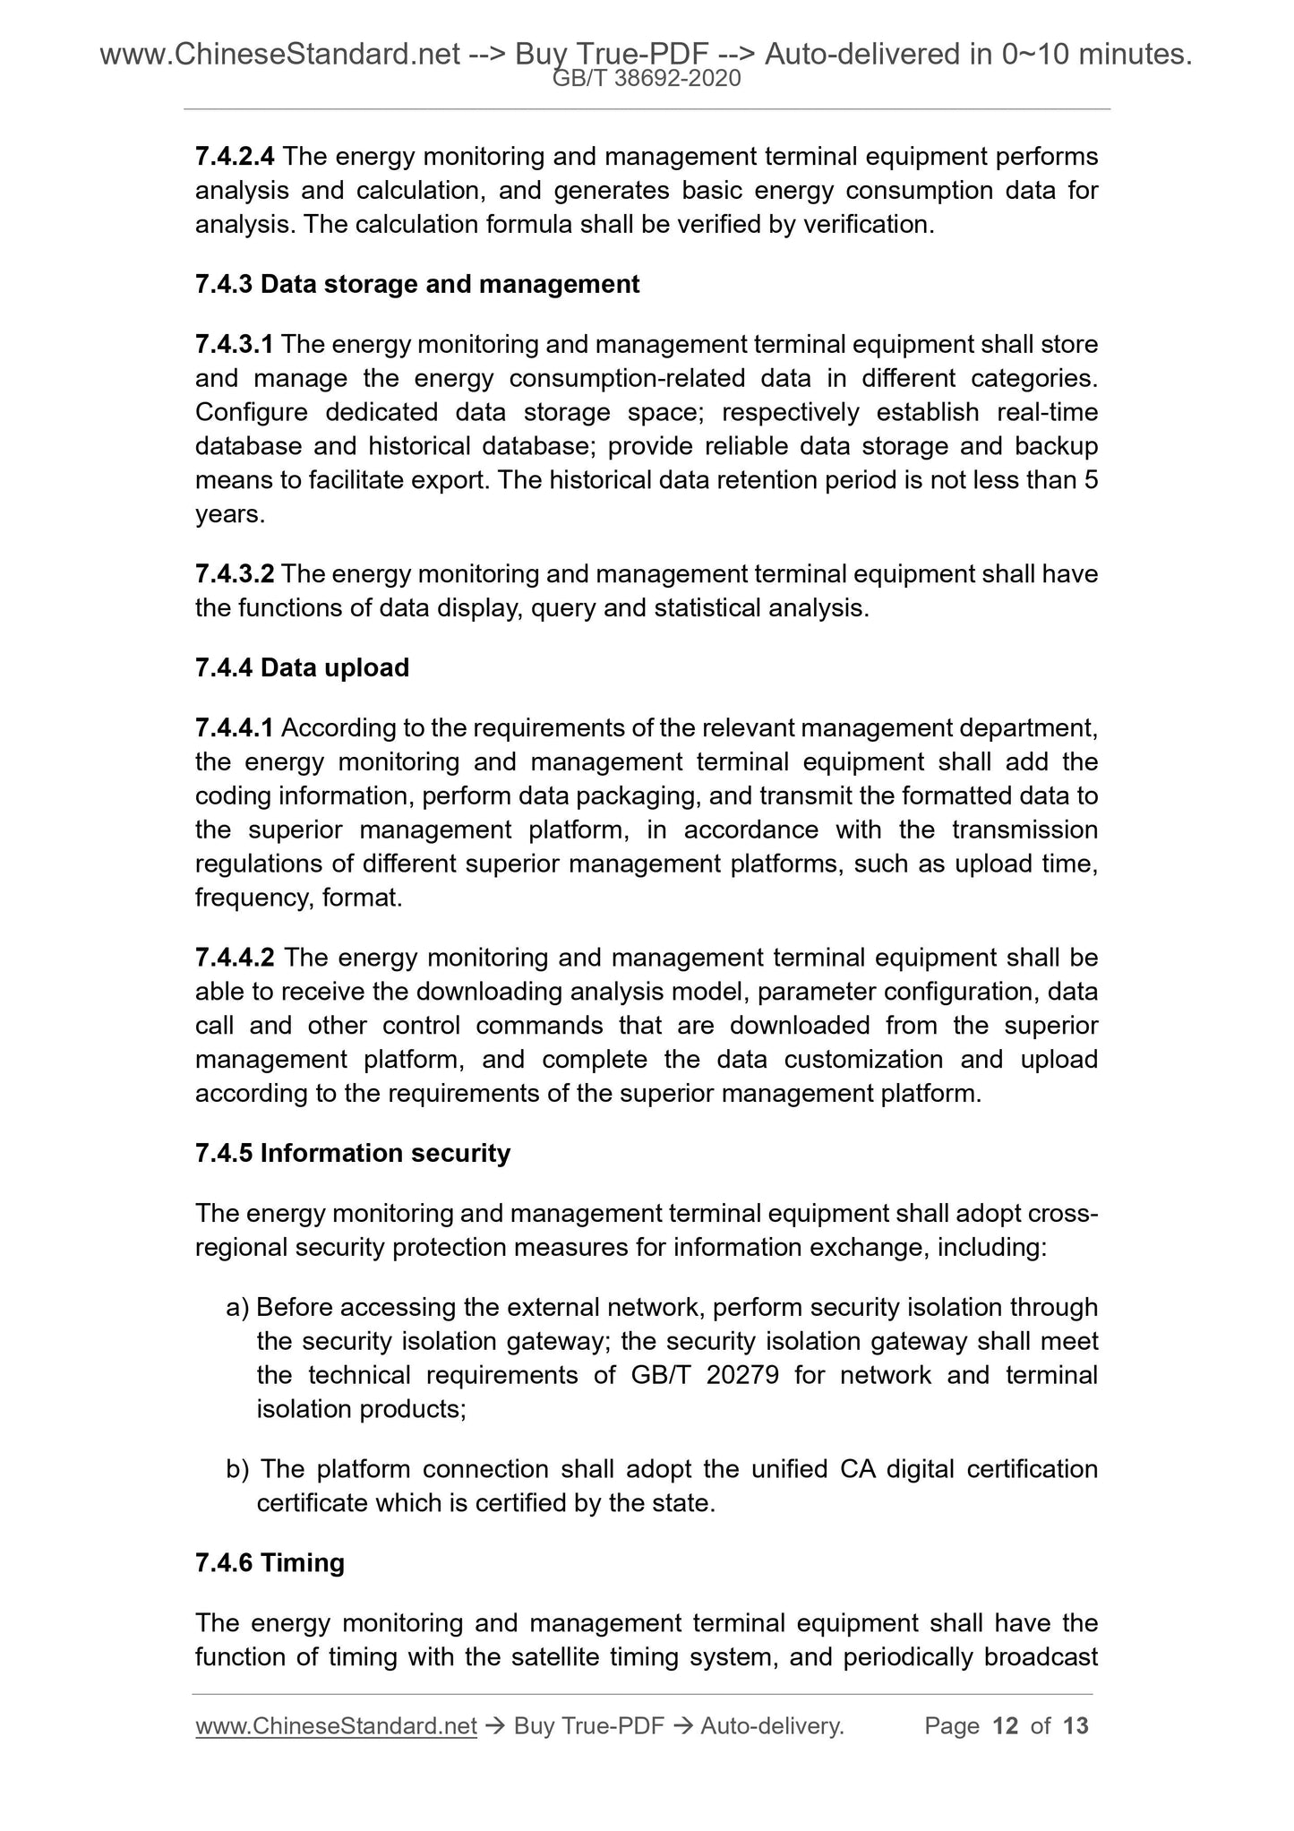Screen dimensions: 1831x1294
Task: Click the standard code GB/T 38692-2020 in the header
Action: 647,80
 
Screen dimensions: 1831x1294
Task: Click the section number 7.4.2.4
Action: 235,157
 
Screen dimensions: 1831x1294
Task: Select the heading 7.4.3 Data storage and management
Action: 417,285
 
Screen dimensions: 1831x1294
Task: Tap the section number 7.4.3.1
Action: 235,345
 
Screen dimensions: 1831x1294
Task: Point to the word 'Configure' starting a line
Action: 251,413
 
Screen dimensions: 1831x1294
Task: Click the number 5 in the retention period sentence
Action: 1090,481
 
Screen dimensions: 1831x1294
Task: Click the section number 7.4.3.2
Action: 235,574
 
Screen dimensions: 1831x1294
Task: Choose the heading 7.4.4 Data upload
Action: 302,668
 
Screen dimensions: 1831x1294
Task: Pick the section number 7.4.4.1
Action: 235,728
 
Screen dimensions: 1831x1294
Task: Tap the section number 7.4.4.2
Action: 235,958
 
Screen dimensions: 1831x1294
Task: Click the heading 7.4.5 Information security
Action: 353,1154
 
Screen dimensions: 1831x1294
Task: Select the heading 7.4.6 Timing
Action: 270,1563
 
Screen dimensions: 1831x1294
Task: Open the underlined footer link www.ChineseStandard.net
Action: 336,1726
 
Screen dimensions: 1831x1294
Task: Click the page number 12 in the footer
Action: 1006,1726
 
